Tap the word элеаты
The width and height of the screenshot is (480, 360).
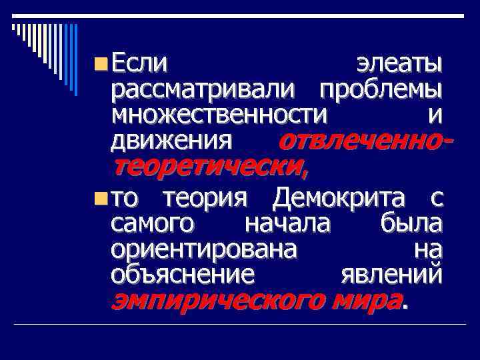click(x=399, y=65)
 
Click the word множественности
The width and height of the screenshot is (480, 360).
click(x=219, y=115)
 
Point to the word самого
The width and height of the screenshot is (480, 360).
click(x=153, y=223)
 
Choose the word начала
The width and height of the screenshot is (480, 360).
click(x=287, y=223)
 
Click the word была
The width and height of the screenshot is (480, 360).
click(x=410, y=223)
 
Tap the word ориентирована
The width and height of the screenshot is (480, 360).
click(x=205, y=249)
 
